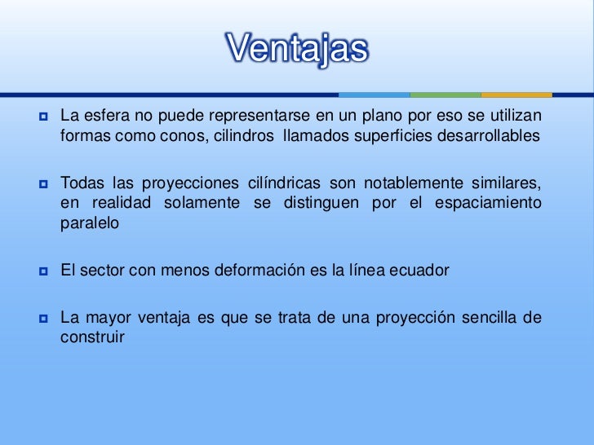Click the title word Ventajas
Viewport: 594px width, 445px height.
297,49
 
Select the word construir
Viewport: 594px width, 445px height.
92,337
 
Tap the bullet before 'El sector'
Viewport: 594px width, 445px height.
42,270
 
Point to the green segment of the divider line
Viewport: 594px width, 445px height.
445,95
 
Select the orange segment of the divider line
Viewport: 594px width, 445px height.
516,95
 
